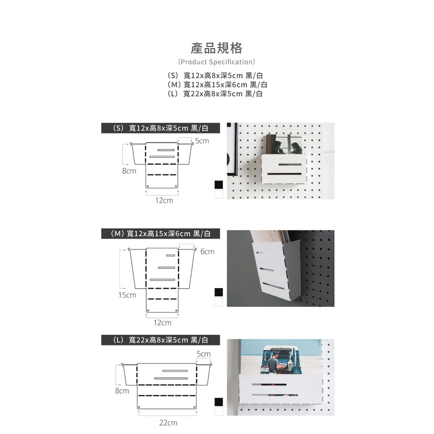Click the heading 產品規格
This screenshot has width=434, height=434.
[x=217, y=48]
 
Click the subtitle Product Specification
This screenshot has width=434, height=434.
[x=217, y=62]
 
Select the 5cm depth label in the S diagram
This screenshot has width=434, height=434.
[x=202, y=141]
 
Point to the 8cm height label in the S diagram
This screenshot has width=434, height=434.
[x=129, y=171]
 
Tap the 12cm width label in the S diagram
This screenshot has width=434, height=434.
[x=164, y=200]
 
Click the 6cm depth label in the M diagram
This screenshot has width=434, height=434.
[x=207, y=252]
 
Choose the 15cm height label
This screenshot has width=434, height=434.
[x=127, y=295]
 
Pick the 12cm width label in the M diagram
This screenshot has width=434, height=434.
[x=162, y=323]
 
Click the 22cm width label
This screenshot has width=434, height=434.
[x=168, y=423]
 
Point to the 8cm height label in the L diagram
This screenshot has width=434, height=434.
[x=122, y=391]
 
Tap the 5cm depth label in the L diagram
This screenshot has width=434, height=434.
[x=204, y=354]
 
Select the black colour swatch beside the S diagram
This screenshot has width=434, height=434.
[x=219, y=185]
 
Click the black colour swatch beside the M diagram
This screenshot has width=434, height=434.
[x=219, y=292]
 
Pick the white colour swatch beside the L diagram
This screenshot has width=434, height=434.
[x=219, y=411]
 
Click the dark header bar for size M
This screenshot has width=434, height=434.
[x=161, y=234]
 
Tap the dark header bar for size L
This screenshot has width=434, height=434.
[x=161, y=340]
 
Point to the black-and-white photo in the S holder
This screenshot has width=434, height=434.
[x=284, y=145]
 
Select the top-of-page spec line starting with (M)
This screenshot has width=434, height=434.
[x=217, y=85]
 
